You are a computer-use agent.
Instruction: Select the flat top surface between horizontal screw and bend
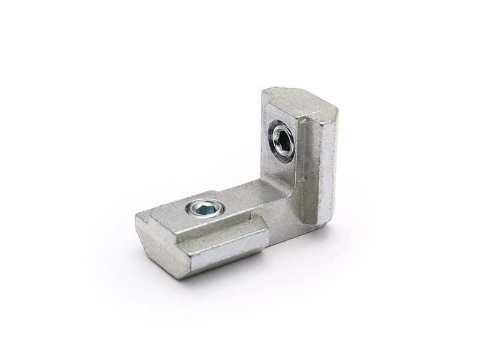click(240, 201)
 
